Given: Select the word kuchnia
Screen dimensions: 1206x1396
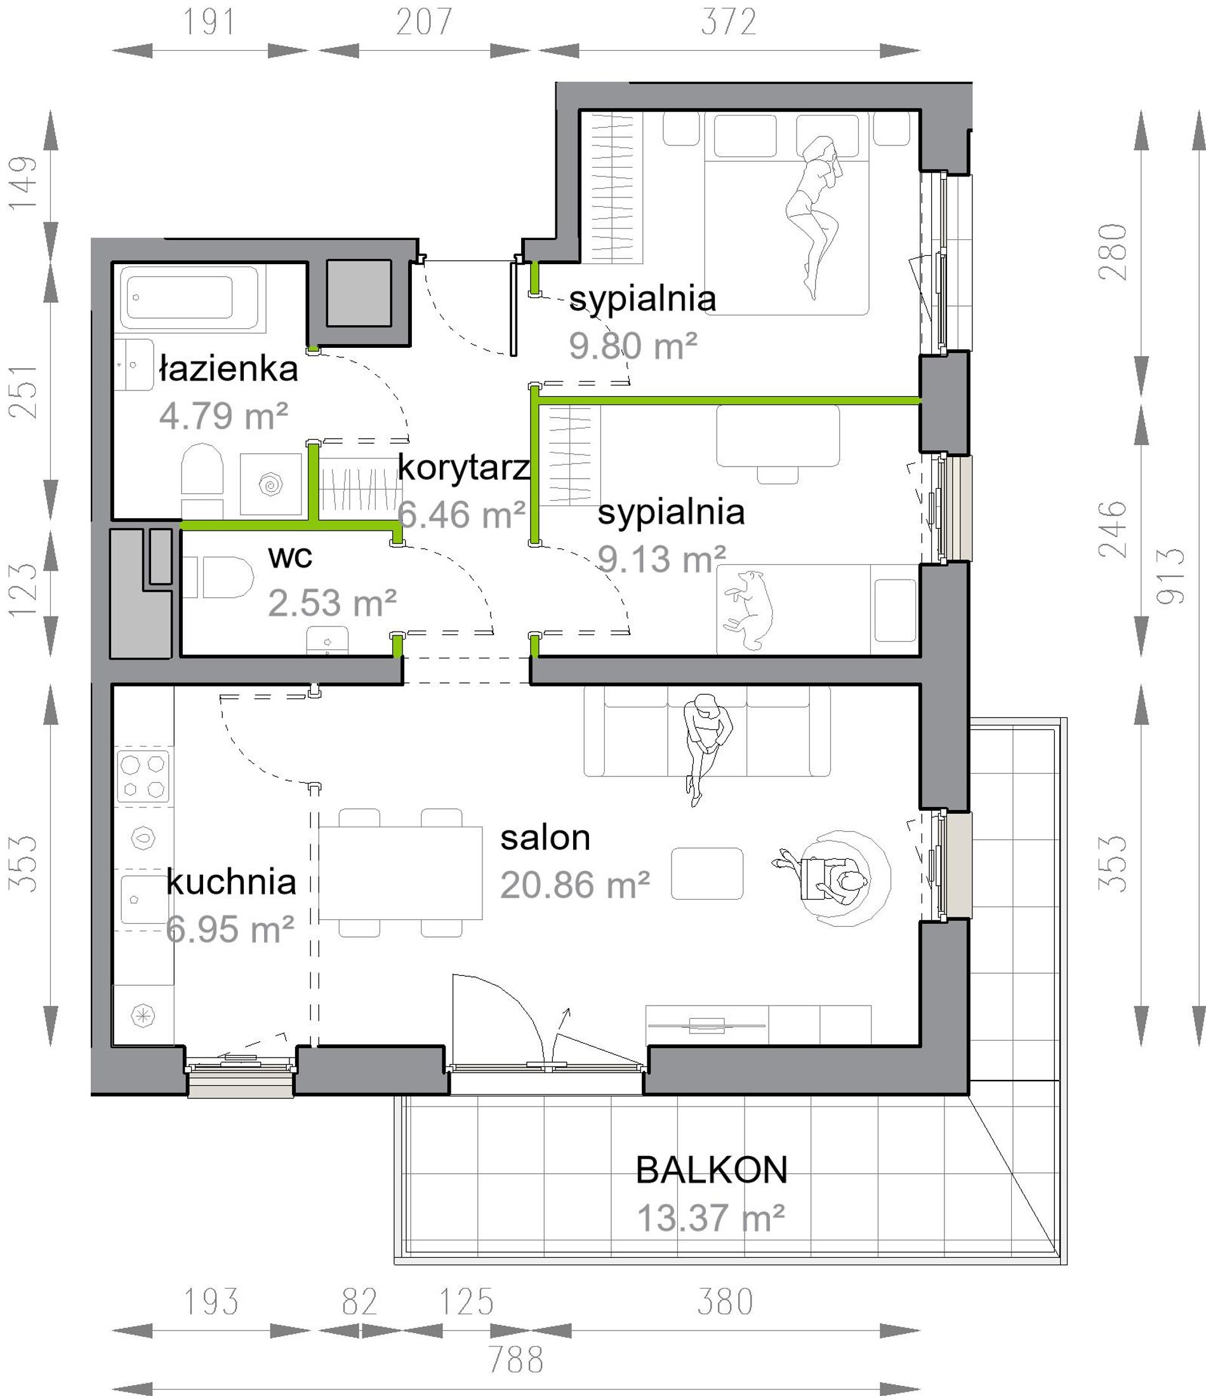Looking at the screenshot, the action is point(231,882).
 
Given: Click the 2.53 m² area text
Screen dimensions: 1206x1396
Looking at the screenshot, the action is point(332,603).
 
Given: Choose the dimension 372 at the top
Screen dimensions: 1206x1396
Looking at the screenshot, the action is point(729,22).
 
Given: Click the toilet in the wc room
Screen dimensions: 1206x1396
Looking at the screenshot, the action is point(218,578).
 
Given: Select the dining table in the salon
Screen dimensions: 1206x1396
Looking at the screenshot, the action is point(401,872).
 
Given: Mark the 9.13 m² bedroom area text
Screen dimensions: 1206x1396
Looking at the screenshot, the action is point(661,559).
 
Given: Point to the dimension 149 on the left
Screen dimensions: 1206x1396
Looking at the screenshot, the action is point(22,183).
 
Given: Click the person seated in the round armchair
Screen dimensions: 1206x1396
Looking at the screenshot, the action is point(832,878).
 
